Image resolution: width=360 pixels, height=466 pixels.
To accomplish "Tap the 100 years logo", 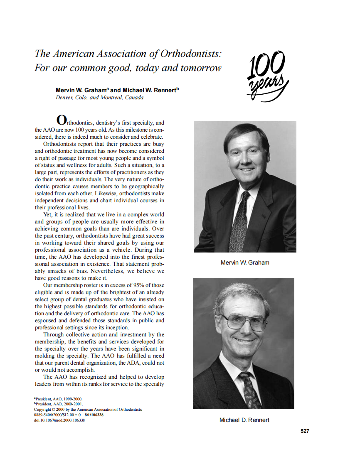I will coord(267,76).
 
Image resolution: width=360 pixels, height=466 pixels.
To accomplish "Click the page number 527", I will coord(305,431).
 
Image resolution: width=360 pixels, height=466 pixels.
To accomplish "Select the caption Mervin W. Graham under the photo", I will coord(244,262).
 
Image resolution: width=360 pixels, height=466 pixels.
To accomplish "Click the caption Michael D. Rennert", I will coord(244,420).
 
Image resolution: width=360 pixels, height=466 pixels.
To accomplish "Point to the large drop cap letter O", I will coord(61,120).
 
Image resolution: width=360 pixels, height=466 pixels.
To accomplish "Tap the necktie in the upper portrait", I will coord(239,222).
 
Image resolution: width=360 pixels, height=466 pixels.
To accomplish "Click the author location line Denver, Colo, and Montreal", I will coord(99,98).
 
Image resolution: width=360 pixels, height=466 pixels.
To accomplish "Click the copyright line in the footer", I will coord(88,409).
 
